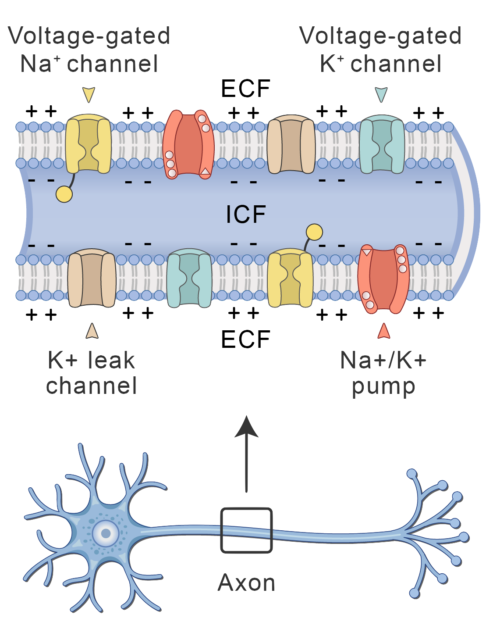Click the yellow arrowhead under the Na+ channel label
coord(89,94)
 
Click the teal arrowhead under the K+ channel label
coord(381,94)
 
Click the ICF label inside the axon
coord(246,214)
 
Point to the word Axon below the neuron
coord(247,583)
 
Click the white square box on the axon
coord(246,530)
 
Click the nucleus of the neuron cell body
coord(106,533)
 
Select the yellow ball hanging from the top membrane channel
coord(64,194)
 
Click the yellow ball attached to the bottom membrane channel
coord(314,232)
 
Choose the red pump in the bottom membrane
coord(383,279)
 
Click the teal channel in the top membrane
coord(382,145)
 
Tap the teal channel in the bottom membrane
coord(189,278)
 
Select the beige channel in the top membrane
coord(291,145)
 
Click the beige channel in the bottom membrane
coord(92,278)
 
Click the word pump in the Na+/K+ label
coord(384,387)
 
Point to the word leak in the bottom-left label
coord(111,361)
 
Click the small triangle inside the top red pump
coord(205,172)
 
